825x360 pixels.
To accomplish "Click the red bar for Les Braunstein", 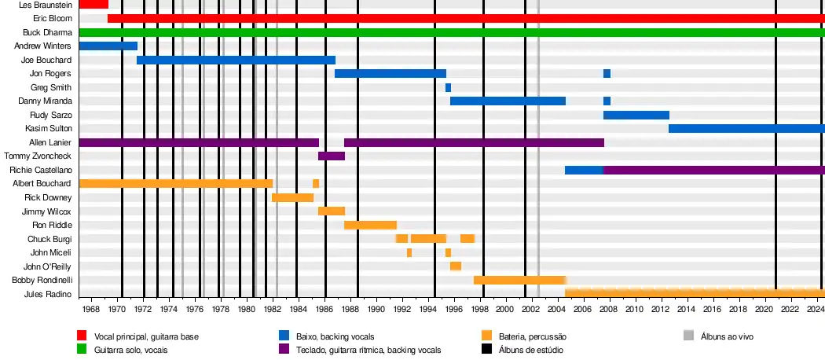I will (x=93, y=5).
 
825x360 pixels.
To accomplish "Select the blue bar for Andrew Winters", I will (x=108, y=46).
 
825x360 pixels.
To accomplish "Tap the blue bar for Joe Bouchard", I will (x=236, y=60).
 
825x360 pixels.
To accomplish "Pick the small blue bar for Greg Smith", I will (x=448, y=87).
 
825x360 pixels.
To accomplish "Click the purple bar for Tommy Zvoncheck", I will (x=332, y=156).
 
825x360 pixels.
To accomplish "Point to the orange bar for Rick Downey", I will (x=292, y=197).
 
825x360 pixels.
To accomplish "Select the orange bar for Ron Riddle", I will (x=370, y=225).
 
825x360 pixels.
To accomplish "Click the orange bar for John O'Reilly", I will (x=456, y=266).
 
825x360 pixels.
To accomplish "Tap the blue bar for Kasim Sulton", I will (x=746, y=128).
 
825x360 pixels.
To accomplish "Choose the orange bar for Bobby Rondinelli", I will (x=519, y=280).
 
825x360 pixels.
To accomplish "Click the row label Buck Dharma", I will (x=47, y=32).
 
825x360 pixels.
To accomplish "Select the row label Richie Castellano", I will (x=41, y=170).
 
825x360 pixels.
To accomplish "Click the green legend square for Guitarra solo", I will (x=81, y=348).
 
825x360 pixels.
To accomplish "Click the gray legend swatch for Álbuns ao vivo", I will (x=688, y=336).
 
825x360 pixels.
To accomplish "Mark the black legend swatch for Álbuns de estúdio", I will (x=486, y=348).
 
